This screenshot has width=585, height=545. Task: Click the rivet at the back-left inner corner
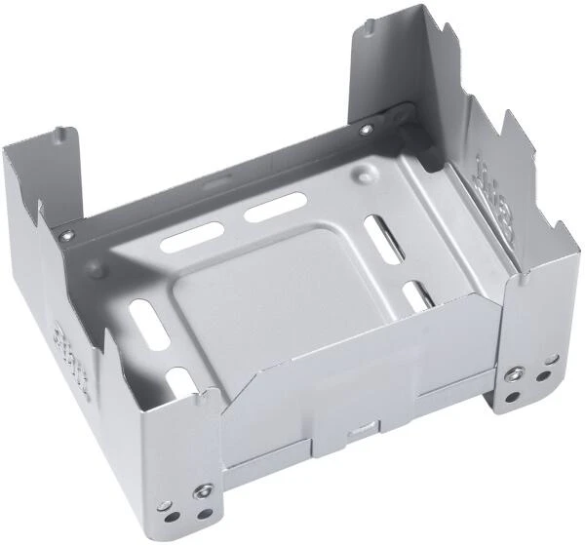coord(66,235)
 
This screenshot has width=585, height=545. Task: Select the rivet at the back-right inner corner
coord(365,130)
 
